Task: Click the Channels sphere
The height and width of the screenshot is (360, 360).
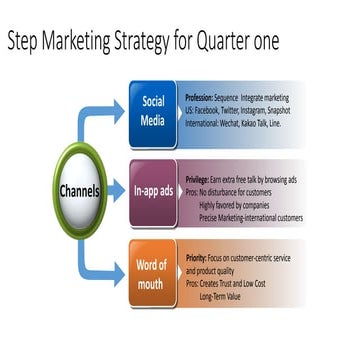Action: (76, 189)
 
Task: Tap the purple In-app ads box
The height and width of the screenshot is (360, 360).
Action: (151, 189)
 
